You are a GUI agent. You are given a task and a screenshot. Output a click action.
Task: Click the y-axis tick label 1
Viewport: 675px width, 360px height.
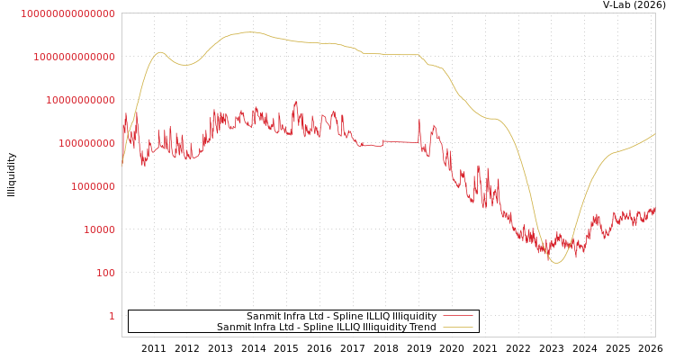pyautogui.click(x=112, y=316)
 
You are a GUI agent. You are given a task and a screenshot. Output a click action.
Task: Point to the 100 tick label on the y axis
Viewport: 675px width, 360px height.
pyautogui.click(x=105, y=273)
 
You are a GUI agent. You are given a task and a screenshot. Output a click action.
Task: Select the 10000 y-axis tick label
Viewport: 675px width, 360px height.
pyautogui.click(x=99, y=229)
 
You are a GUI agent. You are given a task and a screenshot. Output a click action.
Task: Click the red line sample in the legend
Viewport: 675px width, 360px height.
pyautogui.click(x=458, y=317)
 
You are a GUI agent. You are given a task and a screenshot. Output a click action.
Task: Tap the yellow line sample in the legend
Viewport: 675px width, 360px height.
pyautogui.click(x=458, y=328)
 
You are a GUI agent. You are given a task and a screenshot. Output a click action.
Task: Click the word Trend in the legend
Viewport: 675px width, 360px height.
pyautogui.click(x=422, y=328)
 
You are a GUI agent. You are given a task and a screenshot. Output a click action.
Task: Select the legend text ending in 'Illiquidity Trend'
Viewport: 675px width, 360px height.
pyautogui.click(x=326, y=328)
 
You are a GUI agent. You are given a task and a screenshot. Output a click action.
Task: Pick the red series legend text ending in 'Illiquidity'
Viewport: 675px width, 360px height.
pyautogui.click(x=341, y=317)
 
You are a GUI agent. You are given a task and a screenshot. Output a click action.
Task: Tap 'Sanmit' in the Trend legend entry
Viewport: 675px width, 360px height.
pyautogui.click(x=232, y=328)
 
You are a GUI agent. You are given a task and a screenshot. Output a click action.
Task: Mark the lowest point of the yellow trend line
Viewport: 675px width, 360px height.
pyautogui.click(x=556, y=263)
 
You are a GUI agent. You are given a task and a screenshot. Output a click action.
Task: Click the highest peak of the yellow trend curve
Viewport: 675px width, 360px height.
pyautogui.click(x=248, y=32)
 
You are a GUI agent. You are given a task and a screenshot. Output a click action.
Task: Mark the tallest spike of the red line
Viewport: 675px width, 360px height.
pyautogui.click(x=296, y=103)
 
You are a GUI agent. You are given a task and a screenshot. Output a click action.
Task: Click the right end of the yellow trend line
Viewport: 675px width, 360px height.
pyautogui.click(x=654, y=134)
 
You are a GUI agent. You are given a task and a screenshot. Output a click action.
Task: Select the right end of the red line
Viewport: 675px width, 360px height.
pyautogui.click(x=654, y=208)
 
